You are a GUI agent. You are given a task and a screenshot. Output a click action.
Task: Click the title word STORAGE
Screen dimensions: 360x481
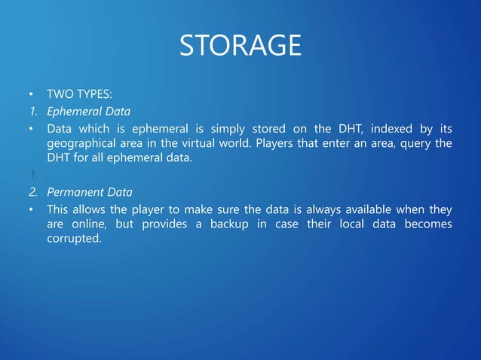click(240, 46)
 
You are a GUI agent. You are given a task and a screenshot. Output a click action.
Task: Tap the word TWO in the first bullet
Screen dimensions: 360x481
click(59, 96)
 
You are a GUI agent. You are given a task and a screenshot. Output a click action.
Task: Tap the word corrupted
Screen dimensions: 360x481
click(73, 239)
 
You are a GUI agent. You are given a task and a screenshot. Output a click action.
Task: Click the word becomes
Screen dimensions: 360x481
click(427, 224)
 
